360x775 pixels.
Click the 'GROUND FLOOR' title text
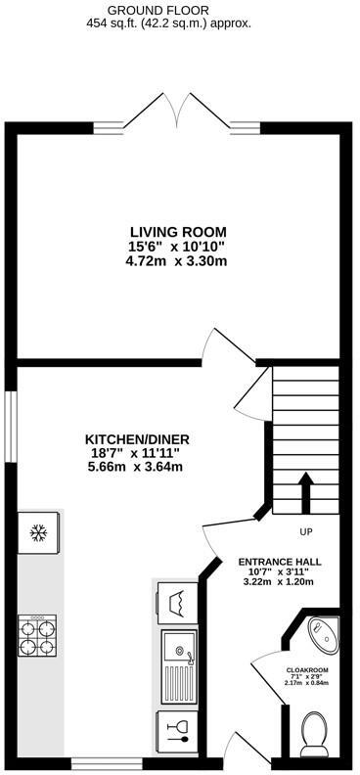pos(178,9)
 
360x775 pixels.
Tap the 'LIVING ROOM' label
pos(176,232)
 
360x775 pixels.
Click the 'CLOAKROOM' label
pos(306,670)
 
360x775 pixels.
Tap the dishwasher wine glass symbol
pos(179,730)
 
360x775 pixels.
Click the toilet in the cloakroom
pos(316,733)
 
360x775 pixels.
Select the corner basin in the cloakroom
pos(323,633)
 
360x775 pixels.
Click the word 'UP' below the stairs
pos(306,532)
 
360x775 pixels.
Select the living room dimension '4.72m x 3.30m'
pos(176,261)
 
